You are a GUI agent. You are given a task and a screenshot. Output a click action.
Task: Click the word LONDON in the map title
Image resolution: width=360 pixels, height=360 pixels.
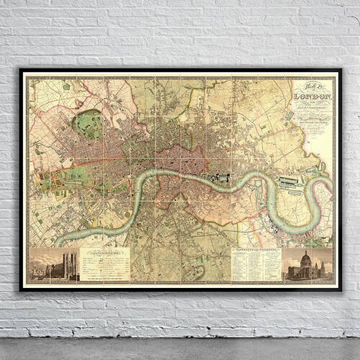coord(310,94)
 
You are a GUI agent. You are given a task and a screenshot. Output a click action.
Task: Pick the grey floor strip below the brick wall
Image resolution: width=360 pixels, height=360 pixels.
coord(180,349)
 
